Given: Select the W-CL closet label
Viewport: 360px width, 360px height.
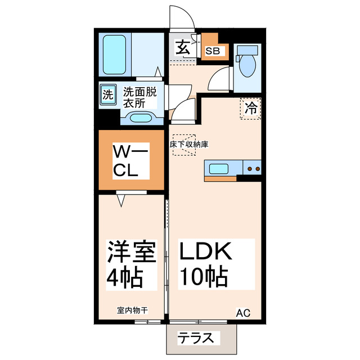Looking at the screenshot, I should point(130,161).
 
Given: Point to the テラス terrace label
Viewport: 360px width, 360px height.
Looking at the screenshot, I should point(196,339).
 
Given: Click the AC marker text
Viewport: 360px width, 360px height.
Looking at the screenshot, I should point(242,313).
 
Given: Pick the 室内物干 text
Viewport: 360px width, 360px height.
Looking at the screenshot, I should point(133,310).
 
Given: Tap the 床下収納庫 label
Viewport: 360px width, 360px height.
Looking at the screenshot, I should point(189,145).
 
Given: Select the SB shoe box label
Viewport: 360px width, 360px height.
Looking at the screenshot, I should point(214,51).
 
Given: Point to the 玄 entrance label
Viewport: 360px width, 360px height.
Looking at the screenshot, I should point(182,47).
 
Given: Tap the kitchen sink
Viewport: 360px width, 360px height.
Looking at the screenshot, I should point(218,168).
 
